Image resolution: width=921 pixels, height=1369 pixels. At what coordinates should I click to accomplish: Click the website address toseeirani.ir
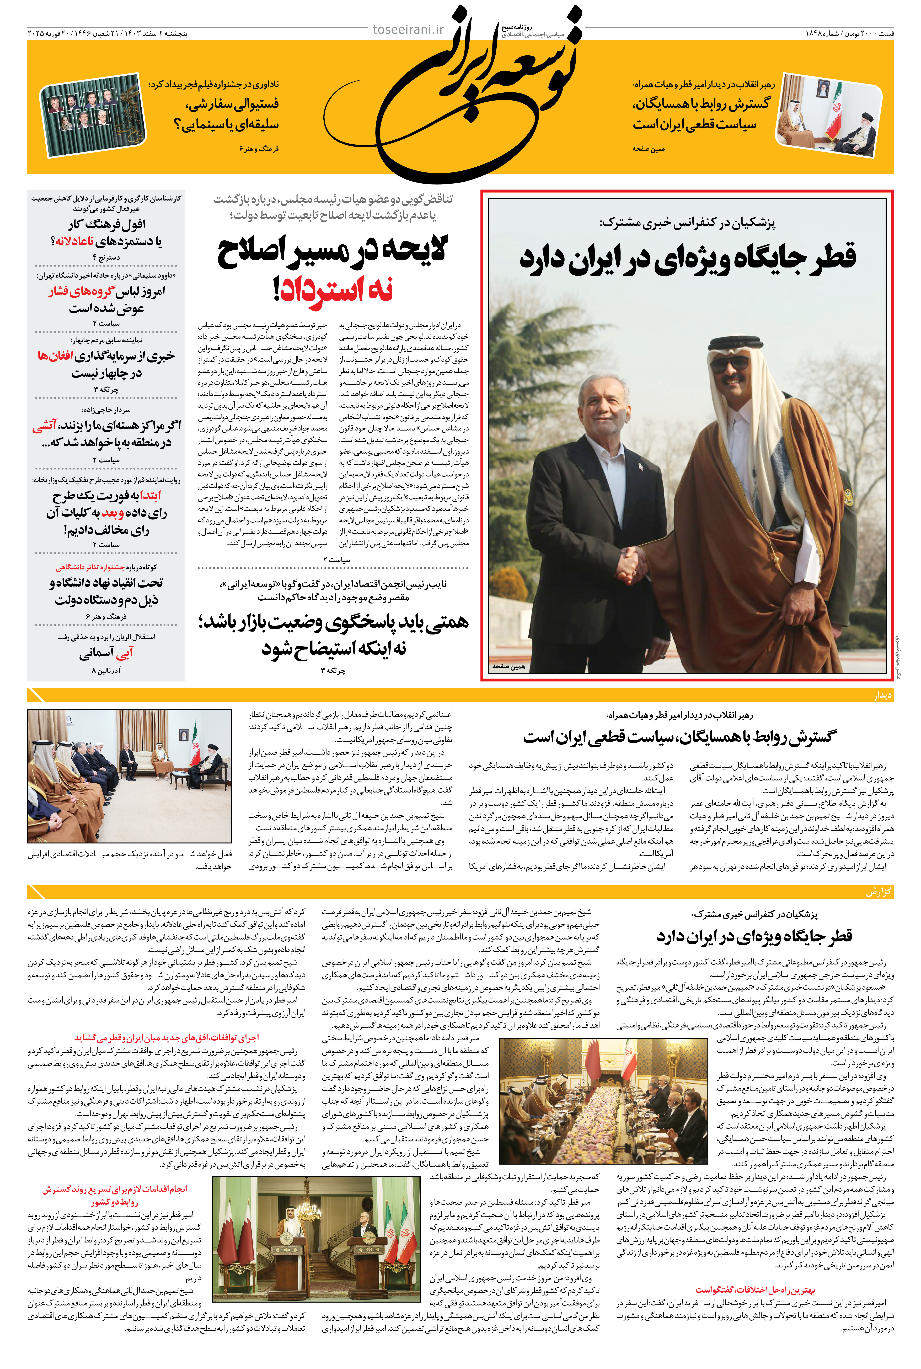408,29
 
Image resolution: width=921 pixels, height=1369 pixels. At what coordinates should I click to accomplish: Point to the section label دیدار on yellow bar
882,695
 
